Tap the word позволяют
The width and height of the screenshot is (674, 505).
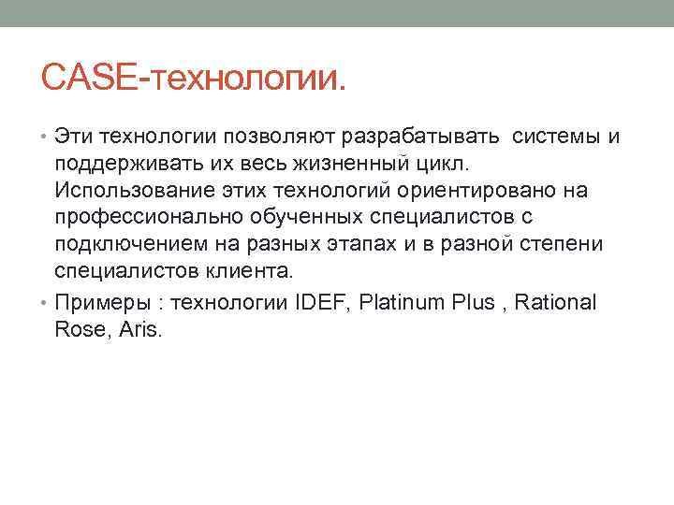click(286, 138)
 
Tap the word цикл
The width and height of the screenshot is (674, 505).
click(409, 166)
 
